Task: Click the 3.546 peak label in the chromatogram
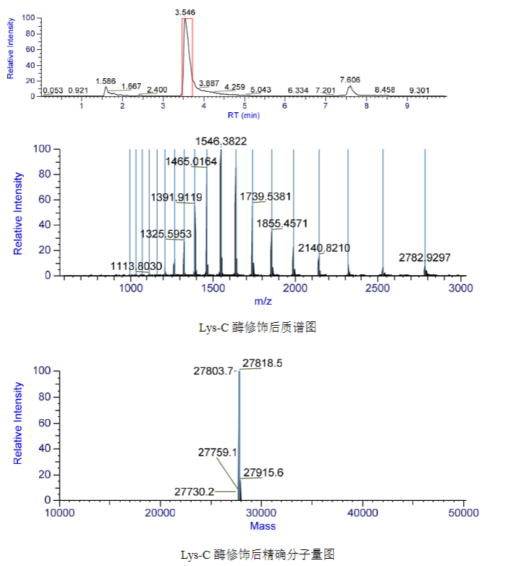tap(185, 12)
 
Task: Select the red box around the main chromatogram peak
tap(187, 56)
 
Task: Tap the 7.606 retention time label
tap(350, 79)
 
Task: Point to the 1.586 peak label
tap(106, 81)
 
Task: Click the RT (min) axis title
tap(243, 115)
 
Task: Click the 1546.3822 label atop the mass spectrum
tap(221, 141)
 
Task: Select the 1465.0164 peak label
tap(191, 161)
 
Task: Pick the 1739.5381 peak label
tap(265, 196)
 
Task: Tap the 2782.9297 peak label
tap(425, 258)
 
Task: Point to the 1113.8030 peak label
tap(136, 267)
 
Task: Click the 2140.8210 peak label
tap(323, 248)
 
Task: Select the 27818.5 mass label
tap(263, 363)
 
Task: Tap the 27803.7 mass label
tap(214, 371)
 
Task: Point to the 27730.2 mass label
tap(195, 491)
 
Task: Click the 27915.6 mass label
tap(263, 473)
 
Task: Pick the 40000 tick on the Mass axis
tap(360, 513)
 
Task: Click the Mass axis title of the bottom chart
tap(262, 525)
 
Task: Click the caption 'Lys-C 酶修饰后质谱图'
tap(258, 327)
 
